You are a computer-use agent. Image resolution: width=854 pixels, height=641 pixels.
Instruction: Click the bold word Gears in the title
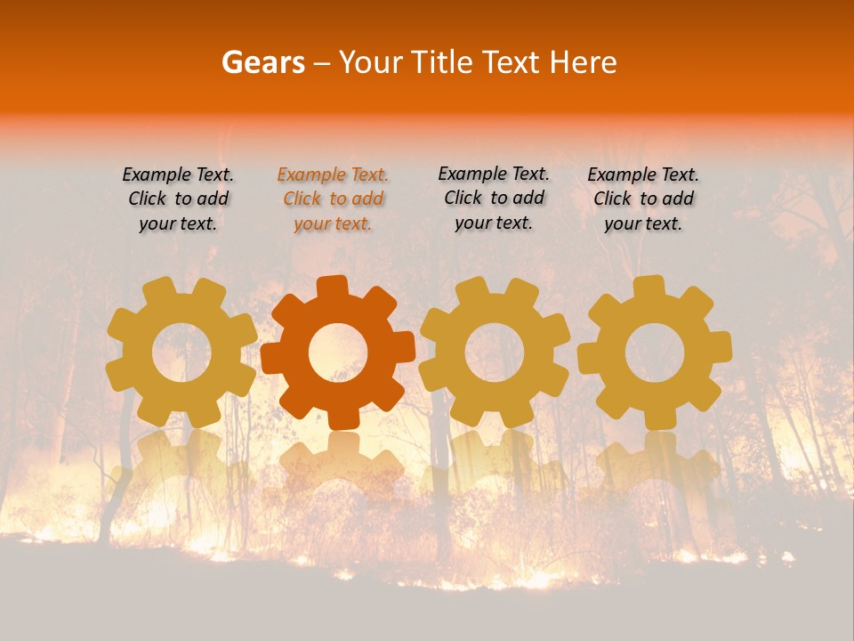pyautogui.click(x=262, y=62)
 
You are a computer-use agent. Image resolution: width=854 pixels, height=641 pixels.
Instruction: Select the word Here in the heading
pyautogui.click(x=584, y=62)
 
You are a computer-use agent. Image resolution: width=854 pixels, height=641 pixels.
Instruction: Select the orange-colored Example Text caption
pyautogui.click(x=333, y=199)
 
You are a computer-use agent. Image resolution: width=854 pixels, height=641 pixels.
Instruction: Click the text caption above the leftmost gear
pyautogui.click(x=178, y=199)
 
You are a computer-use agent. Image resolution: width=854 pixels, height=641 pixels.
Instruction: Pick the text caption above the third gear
pyautogui.click(x=494, y=198)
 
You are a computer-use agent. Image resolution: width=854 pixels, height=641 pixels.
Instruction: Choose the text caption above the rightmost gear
pyautogui.click(x=643, y=199)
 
